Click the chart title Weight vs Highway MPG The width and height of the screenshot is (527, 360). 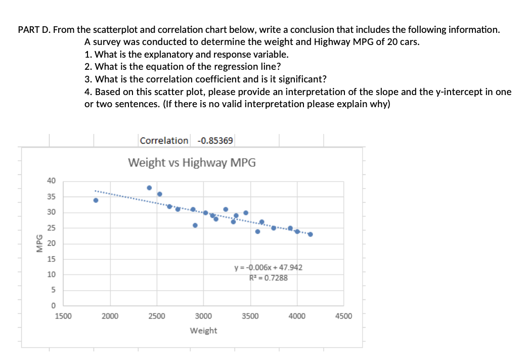(x=192, y=163)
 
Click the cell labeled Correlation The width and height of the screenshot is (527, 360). (x=164, y=141)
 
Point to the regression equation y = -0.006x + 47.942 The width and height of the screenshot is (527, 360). (x=268, y=267)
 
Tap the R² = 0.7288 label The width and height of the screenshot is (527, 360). (x=269, y=277)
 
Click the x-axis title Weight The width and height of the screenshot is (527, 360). (x=203, y=331)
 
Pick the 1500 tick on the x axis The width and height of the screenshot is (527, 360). (x=63, y=317)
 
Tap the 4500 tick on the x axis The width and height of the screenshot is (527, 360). (x=343, y=317)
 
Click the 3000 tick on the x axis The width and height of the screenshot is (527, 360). (x=203, y=317)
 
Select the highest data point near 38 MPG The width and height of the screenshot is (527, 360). (x=149, y=188)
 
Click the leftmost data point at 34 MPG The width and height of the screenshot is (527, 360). (x=96, y=200)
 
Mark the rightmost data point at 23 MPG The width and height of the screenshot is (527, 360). (x=310, y=234)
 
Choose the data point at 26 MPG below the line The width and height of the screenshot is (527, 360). (x=195, y=225)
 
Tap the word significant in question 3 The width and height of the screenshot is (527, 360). (x=297, y=79)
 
